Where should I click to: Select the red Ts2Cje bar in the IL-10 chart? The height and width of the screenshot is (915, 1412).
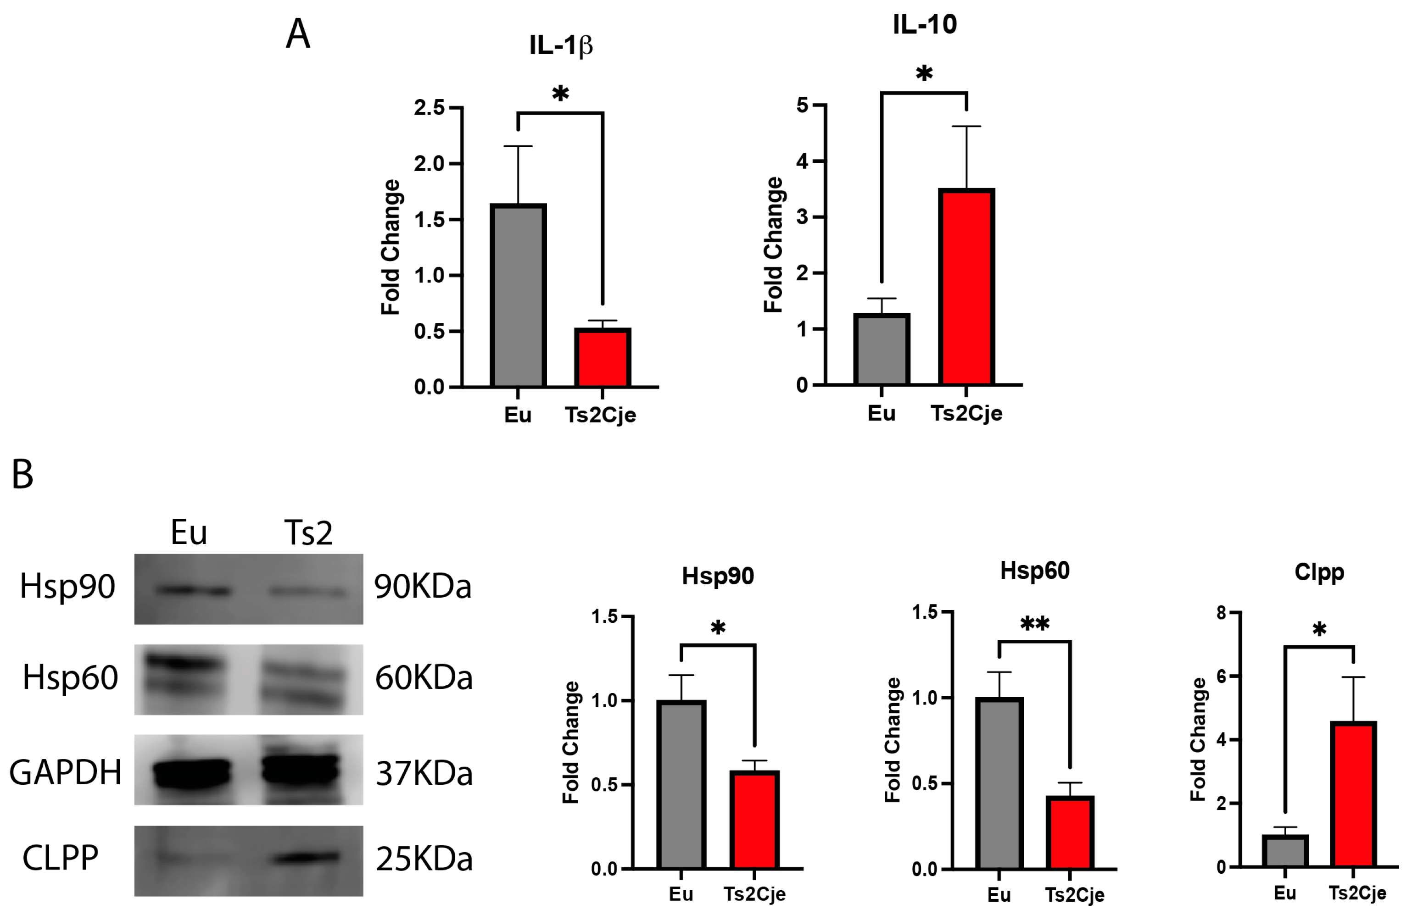point(966,287)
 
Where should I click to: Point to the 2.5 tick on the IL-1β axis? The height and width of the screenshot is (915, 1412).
point(429,108)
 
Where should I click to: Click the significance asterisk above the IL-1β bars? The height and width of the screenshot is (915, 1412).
point(560,94)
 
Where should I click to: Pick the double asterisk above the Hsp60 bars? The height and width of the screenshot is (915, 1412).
point(1035,624)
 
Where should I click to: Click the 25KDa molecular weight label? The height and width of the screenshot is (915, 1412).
point(424,859)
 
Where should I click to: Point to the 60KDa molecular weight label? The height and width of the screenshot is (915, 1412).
point(424,677)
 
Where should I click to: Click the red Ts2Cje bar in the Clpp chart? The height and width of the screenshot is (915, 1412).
point(1353,795)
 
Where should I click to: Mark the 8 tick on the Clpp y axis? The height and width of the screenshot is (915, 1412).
point(1221,613)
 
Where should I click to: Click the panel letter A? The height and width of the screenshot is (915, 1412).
point(298,34)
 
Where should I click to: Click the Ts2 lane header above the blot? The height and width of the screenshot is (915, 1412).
point(308,532)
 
